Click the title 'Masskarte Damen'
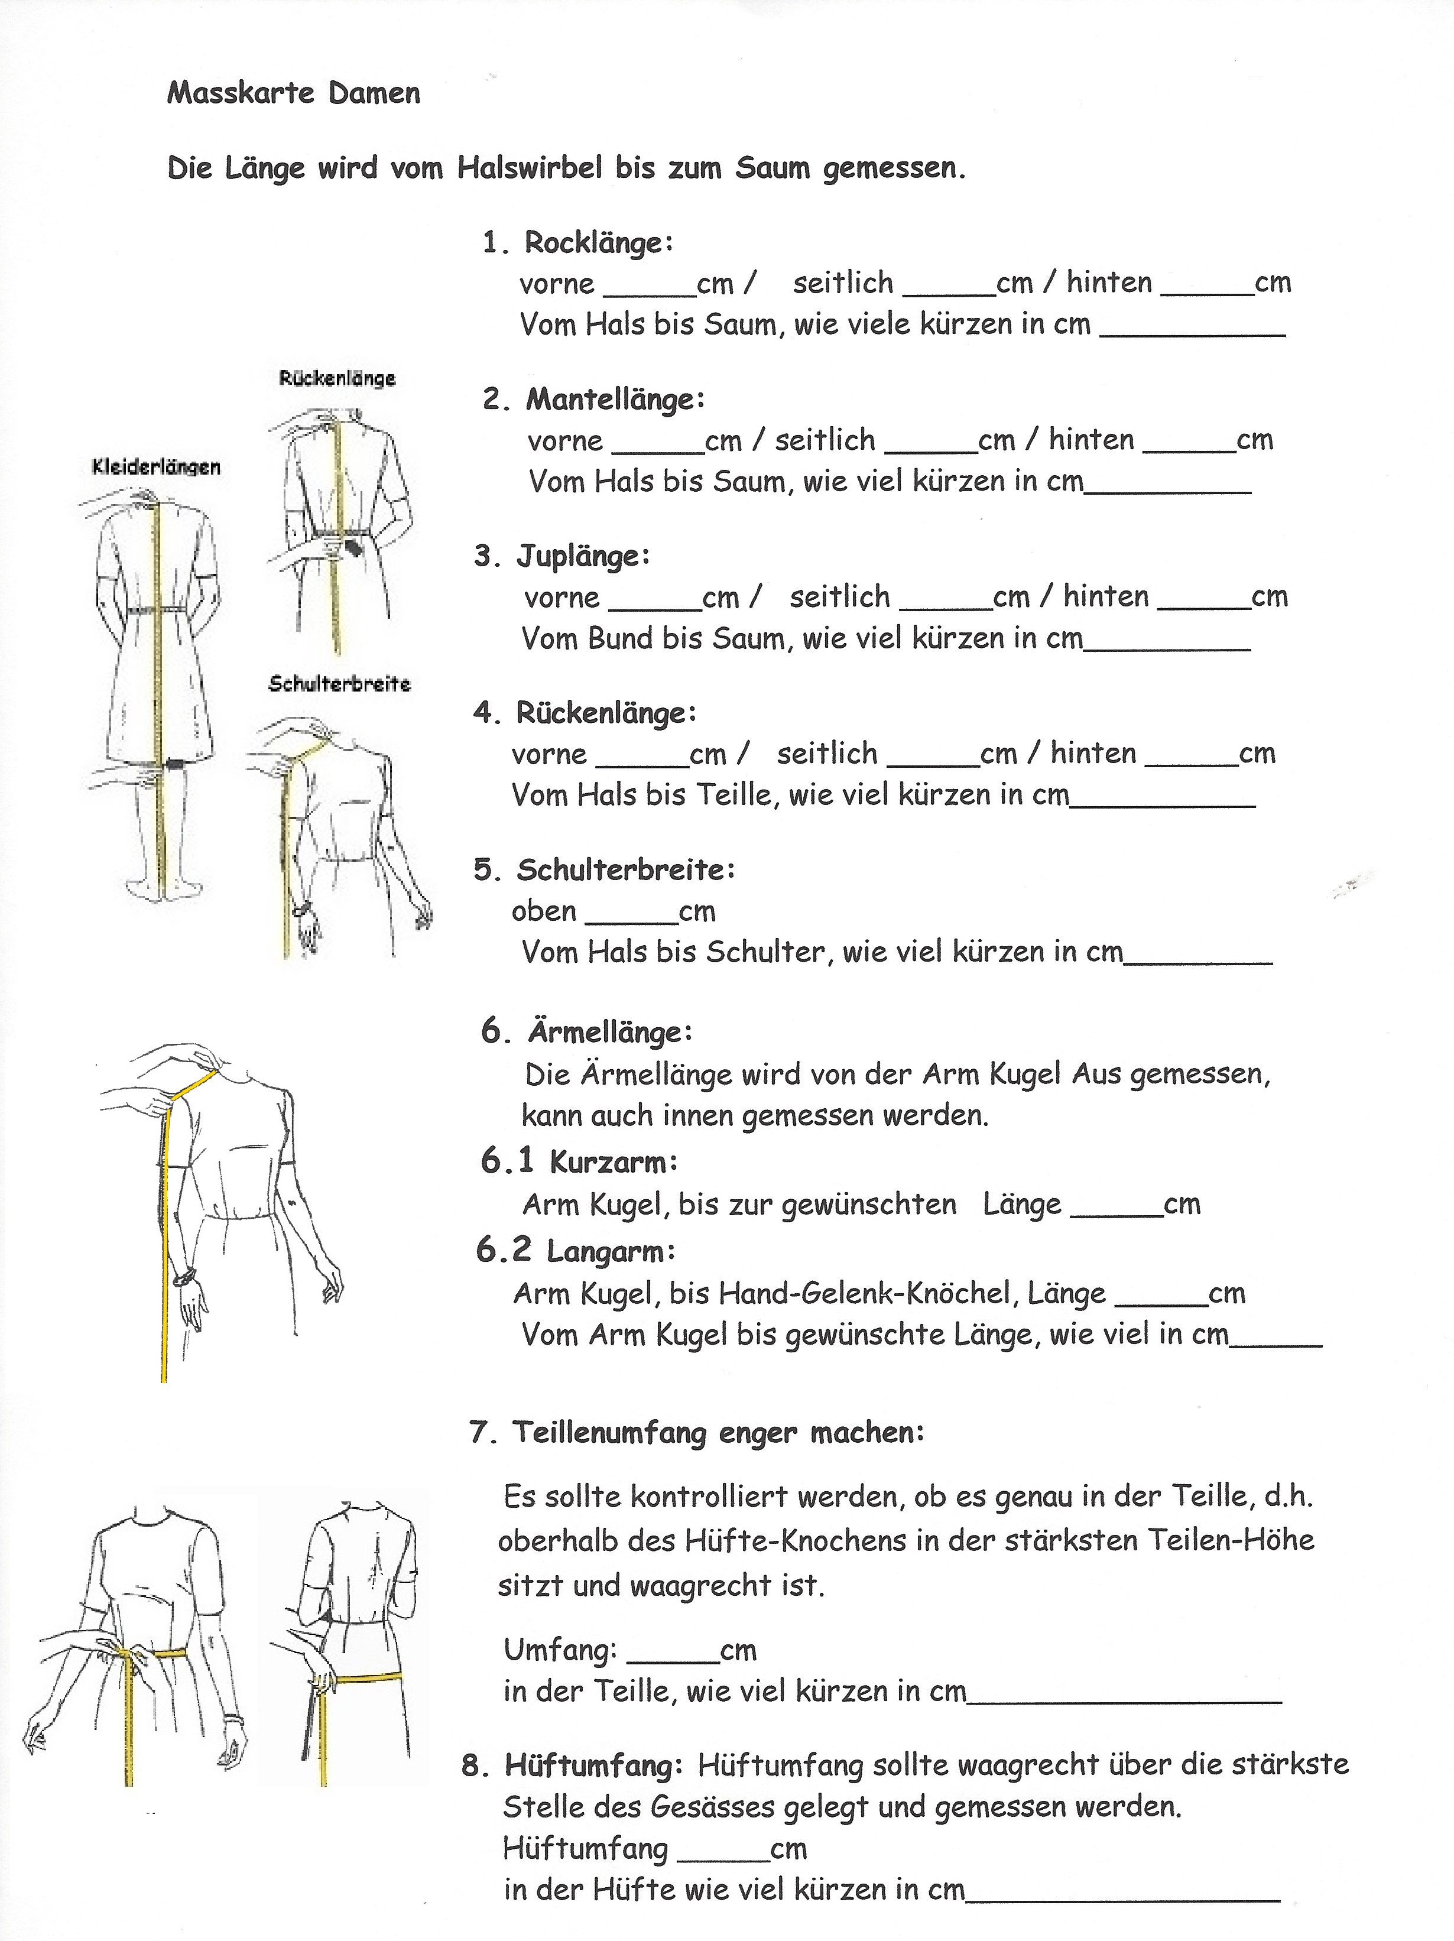(x=293, y=93)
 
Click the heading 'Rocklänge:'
(x=599, y=242)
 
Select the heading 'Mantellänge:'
(x=614, y=400)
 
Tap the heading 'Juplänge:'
(x=583, y=556)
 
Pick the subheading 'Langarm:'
(x=611, y=1251)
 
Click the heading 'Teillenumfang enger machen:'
(x=718, y=1433)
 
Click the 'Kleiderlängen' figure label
(x=156, y=467)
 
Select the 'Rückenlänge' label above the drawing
(x=337, y=378)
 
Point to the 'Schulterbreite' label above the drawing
(x=340, y=684)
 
